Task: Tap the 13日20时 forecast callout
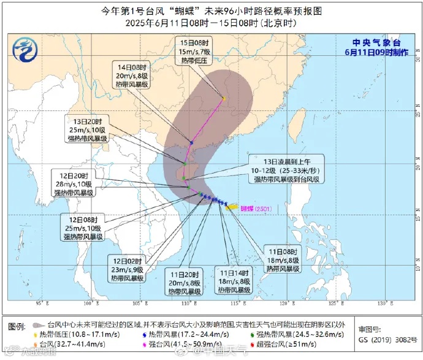coord(88,130)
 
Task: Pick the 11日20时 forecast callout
coord(185,283)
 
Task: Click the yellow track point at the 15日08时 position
coord(224,98)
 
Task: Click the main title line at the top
coord(211,10)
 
